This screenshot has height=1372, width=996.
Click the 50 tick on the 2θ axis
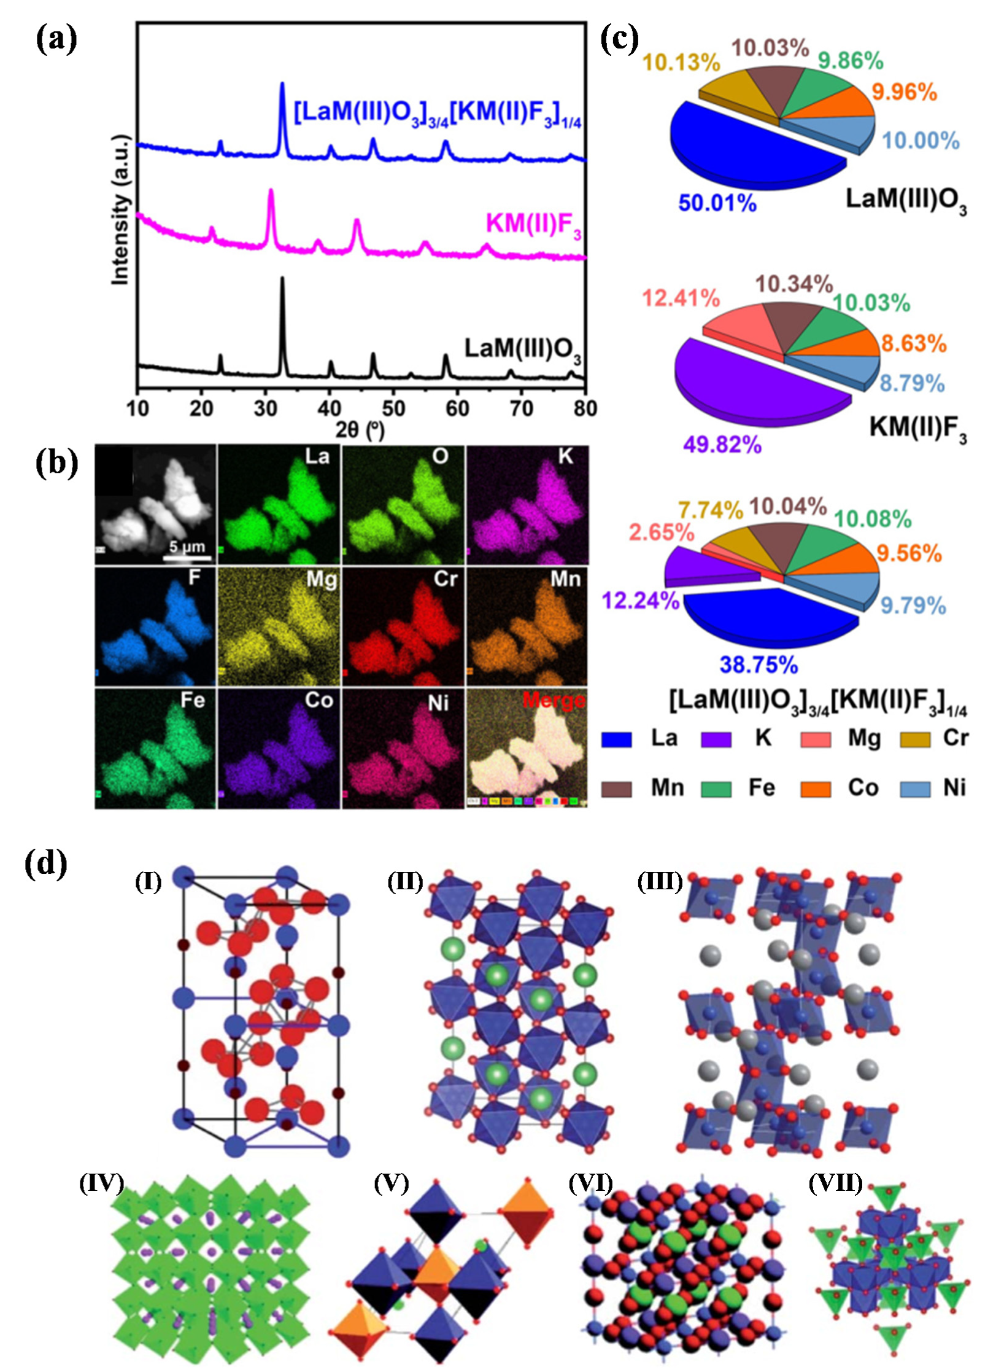(393, 408)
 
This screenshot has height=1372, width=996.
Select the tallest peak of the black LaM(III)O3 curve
(282, 280)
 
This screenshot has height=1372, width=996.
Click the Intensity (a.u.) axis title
(121, 209)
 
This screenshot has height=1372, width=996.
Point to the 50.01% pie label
(717, 203)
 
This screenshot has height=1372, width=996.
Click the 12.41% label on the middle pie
(681, 298)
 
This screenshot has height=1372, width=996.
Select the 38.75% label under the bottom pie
(759, 665)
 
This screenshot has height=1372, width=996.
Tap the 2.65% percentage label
(662, 532)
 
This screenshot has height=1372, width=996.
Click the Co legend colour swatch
(816, 789)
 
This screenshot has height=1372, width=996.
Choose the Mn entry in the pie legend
(667, 787)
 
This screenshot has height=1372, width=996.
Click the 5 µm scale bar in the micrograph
(187, 558)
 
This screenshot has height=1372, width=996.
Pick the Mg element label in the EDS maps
(322, 579)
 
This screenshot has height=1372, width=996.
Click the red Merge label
(554, 700)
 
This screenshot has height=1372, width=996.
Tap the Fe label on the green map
(192, 700)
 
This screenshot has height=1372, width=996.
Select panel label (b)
(56, 464)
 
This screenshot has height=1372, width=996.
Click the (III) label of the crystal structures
(660, 882)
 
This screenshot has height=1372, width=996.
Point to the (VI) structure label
(590, 1182)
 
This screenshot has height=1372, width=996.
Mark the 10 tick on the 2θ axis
(137, 408)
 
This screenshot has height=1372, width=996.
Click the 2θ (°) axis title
(360, 429)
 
